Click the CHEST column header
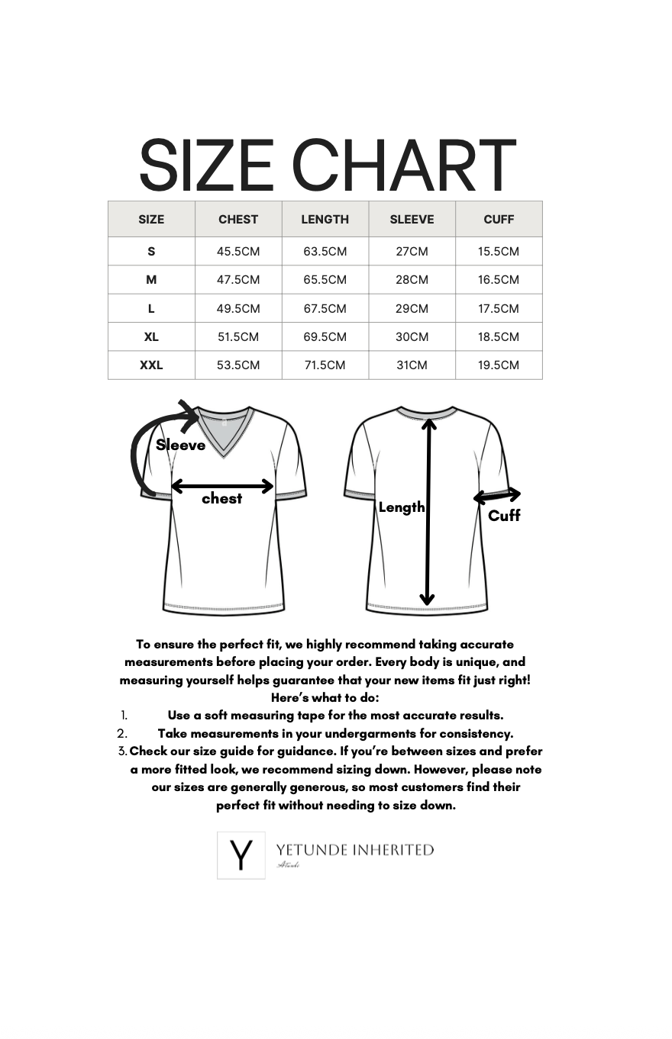pos(238,219)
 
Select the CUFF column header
pos(499,219)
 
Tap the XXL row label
pos(151,365)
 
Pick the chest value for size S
pos(238,251)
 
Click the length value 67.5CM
pos(325,308)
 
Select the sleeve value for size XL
pos(412,336)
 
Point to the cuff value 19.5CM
pos(499,365)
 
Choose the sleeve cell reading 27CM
pos(412,251)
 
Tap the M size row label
pos(151,279)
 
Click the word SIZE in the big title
pos(206,166)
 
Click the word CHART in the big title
pos(405,166)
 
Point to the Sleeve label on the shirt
pos(181,445)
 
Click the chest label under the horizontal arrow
pos(221,498)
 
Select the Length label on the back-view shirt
pos(402,507)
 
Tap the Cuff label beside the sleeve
pos(504,516)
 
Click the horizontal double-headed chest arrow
pos(222,485)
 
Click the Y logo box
pos(241,855)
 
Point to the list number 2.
pos(122,734)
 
